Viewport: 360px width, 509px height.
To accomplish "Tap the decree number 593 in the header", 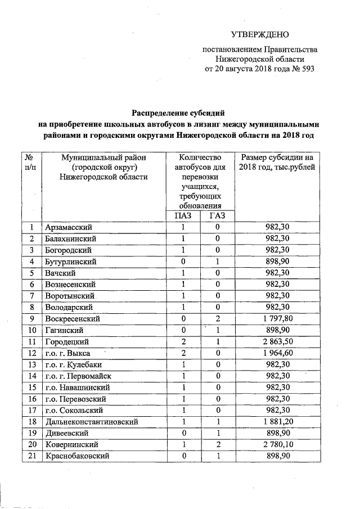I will pos(305,70).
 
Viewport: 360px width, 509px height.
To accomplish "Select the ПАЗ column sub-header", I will pos(183,215).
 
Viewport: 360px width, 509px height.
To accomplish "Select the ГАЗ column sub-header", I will pos(217,215).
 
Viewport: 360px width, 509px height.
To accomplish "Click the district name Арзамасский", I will pos(68,227).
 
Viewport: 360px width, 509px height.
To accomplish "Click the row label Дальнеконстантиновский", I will pos(91,422).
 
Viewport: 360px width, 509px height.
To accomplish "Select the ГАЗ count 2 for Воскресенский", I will pos(217,318).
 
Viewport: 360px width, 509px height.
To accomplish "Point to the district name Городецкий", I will pos(67,341).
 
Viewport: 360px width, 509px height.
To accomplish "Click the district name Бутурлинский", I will pos(71,261).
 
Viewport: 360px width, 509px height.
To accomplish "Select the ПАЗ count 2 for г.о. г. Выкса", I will pos(183,353).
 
